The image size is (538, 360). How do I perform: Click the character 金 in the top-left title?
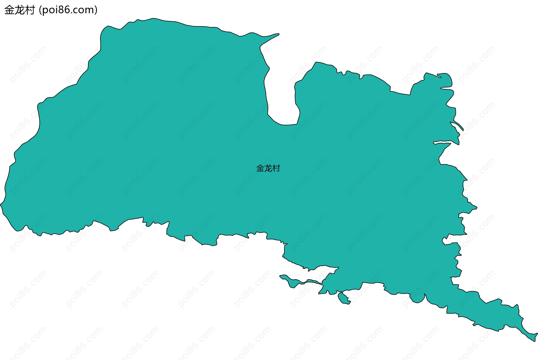pos(9,10)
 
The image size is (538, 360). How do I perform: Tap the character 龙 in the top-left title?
pos(20,10)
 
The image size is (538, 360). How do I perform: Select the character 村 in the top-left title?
pos(30,10)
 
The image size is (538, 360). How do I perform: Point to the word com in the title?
pos(84,10)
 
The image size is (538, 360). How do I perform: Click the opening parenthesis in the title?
pos(40,10)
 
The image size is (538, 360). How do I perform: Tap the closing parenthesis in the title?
pos(96,10)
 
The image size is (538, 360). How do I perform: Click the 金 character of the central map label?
pos(260,168)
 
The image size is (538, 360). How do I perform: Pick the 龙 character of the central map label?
pos(268,168)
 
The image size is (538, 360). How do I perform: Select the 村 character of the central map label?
pos(276,168)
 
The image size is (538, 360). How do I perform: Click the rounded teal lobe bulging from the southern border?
pos(418,299)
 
